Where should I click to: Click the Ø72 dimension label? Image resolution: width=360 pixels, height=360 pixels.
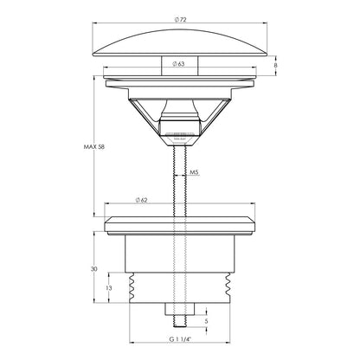pyautogui.click(x=180, y=20)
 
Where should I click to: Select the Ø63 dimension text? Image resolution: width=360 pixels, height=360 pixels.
pyautogui.click(x=178, y=64)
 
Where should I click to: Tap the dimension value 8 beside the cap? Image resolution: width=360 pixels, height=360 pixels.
pyautogui.click(x=275, y=66)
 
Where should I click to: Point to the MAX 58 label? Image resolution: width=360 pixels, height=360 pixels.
pyautogui.click(x=94, y=147)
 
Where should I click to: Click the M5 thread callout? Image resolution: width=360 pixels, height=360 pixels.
pyautogui.click(x=194, y=172)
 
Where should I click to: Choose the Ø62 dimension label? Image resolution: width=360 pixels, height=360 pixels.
pyautogui.click(x=141, y=200)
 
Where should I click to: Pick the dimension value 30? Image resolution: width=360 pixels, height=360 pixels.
pyautogui.click(x=94, y=269)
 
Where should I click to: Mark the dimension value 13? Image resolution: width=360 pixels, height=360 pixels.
pyautogui.click(x=109, y=288)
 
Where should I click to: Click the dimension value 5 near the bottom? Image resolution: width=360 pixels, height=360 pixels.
pyautogui.click(x=206, y=321)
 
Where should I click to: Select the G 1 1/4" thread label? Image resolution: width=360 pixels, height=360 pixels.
pyautogui.click(x=180, y=339)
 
